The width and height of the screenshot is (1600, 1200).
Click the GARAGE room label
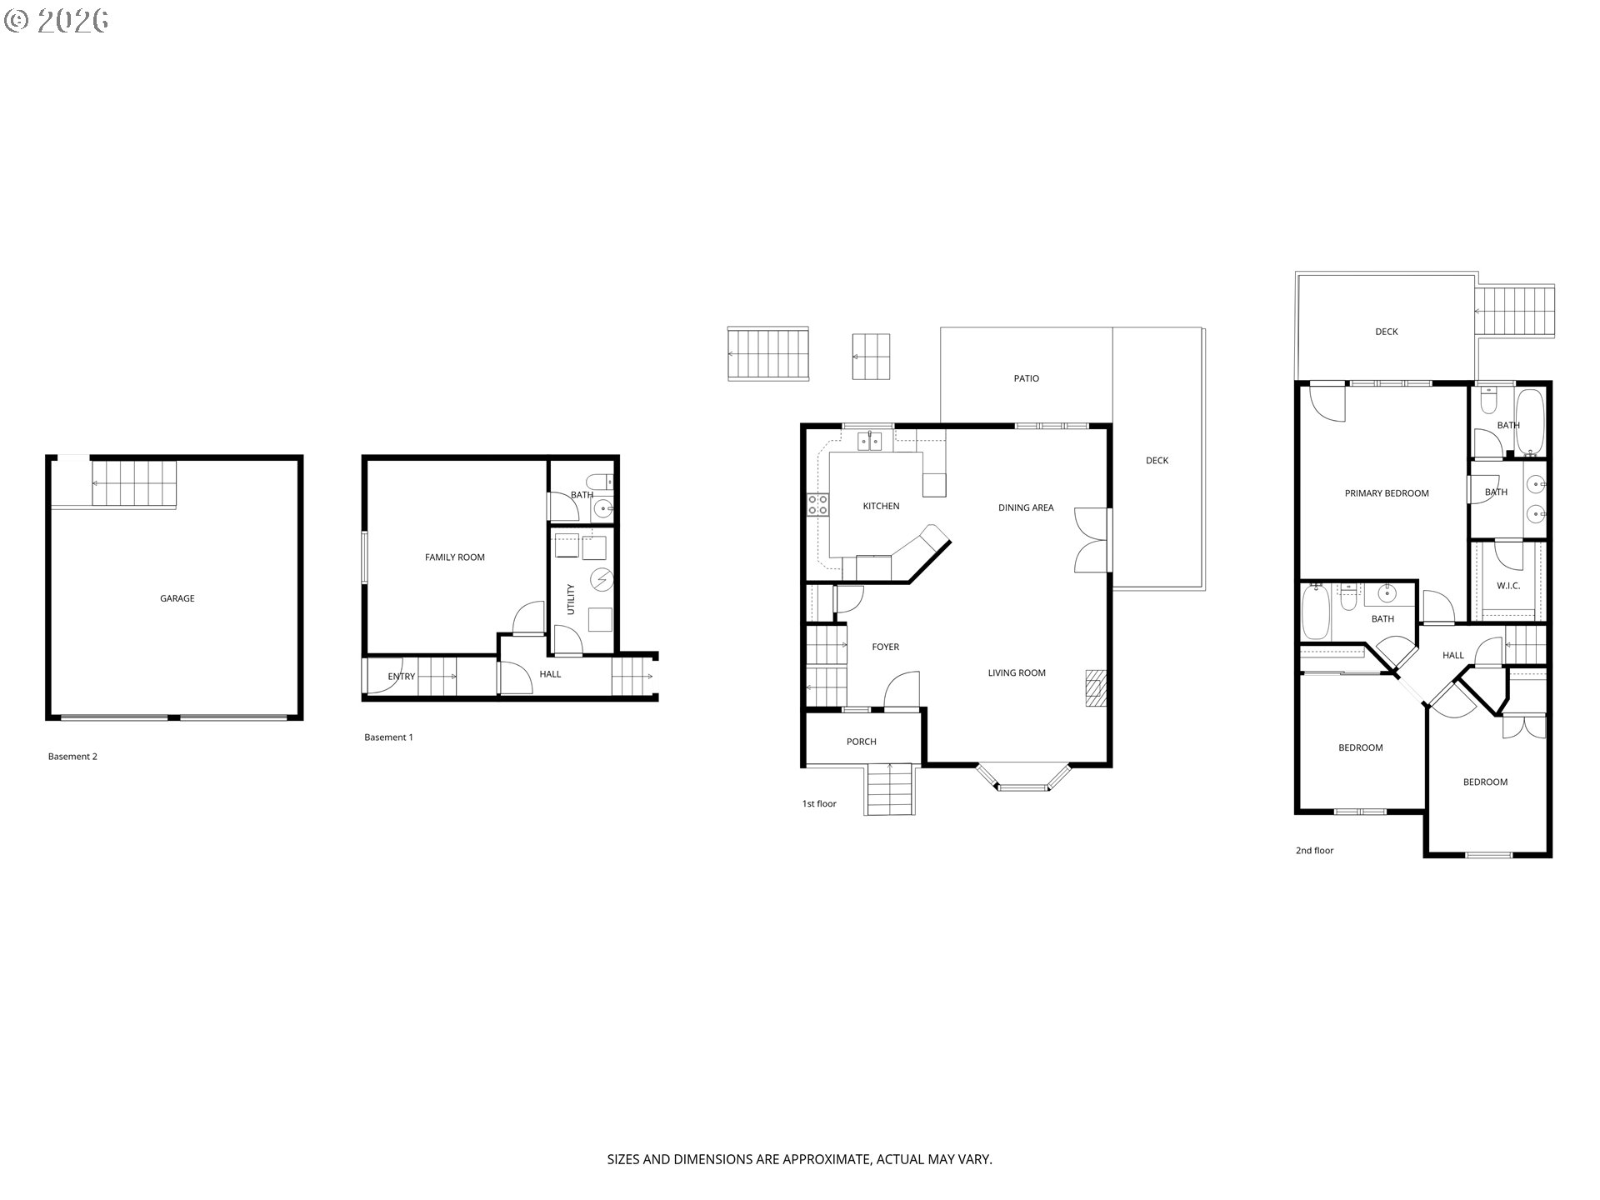177,598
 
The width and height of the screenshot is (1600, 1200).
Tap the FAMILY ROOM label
455,557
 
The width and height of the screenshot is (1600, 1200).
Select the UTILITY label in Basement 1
571,599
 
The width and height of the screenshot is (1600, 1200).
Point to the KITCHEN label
881,506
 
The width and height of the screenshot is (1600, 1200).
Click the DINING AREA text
1026,507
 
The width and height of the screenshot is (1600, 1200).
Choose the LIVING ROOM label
1017,673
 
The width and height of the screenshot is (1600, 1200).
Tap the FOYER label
885,647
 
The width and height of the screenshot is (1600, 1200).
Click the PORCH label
862,742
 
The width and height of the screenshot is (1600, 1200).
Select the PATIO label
1027,378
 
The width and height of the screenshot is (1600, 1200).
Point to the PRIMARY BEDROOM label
1387,493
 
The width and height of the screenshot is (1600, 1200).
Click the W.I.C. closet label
1508,586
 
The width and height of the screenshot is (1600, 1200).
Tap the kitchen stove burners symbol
817,504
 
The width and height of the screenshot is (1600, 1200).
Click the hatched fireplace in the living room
1096,688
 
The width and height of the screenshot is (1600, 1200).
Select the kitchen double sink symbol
869,441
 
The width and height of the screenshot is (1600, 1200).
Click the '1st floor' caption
819,804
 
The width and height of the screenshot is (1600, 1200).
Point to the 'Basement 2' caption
72,757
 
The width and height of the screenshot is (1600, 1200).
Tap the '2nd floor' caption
1314,851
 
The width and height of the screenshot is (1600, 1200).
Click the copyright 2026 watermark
57,21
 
